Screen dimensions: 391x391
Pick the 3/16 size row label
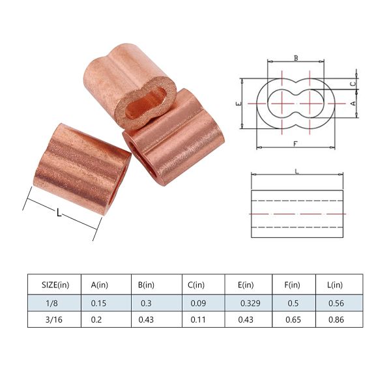(x=54, y=320)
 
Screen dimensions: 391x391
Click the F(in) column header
(x=293, y=285)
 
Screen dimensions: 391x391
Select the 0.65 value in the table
(x=293, y=320)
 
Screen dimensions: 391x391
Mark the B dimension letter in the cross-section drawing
(x=295, y=59)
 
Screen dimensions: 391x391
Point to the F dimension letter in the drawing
(x=295, y=143)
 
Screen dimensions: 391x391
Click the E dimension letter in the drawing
(x=239, y=103)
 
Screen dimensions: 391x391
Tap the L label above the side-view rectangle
(x=297, y=171)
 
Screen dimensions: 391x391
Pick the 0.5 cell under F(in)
(x=293, y=302)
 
